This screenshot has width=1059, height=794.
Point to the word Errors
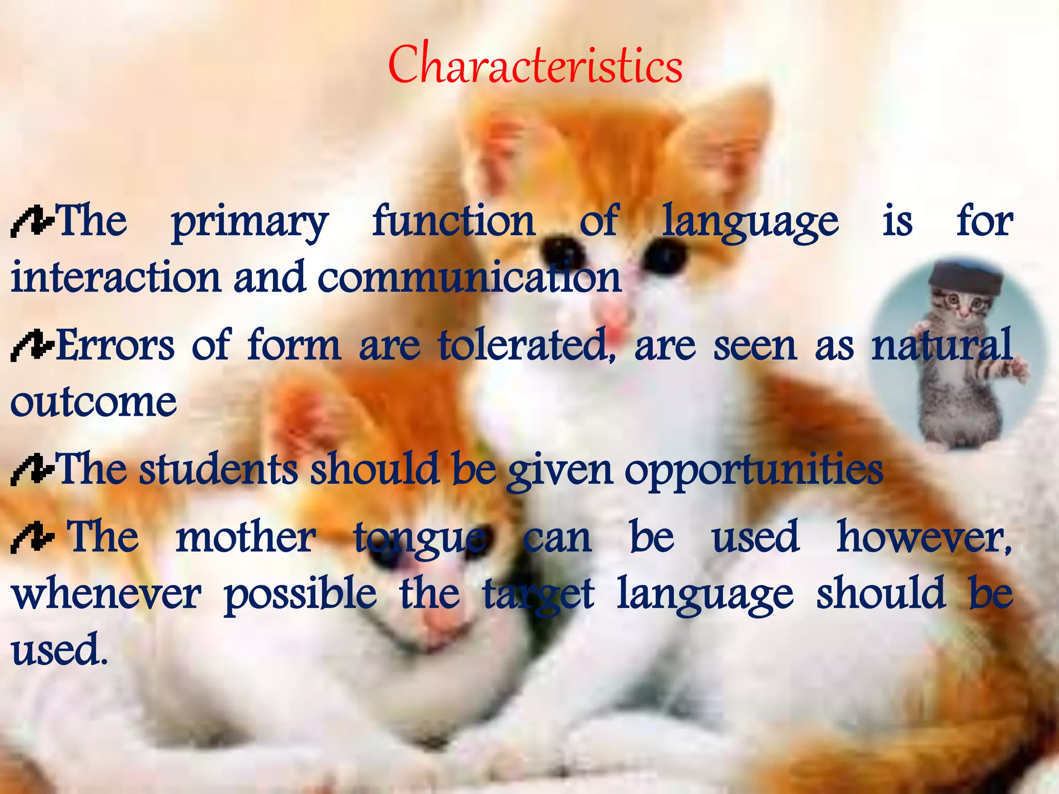point(115,345)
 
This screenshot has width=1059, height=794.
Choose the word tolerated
point(523,345)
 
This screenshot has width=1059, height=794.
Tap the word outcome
point(94,402)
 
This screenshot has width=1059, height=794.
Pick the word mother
point(246,538)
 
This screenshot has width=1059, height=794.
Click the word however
point(924,538)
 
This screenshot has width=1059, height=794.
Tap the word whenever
point(107,594)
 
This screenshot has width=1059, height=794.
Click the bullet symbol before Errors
point(32,346)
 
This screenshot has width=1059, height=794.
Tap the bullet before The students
point(32,469)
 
